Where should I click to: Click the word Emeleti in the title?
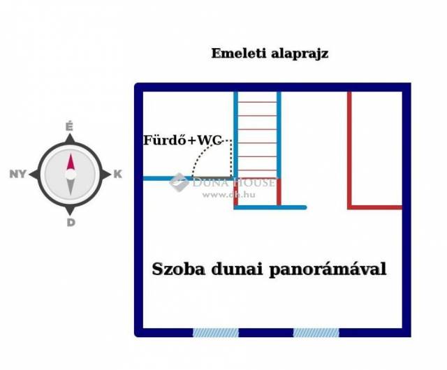click(x=235, y=53)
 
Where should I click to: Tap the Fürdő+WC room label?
click(x=182, y=140)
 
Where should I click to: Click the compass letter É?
click(x=69, y=126)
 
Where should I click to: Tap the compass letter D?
click(x=70, y=223)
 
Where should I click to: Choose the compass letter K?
click(x=117, y=175)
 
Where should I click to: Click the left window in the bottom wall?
click(x=215, y=332)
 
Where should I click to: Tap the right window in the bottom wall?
click(x=316, y=332)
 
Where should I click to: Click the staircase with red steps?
click(x=257, y=136)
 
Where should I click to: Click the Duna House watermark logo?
click(x=178, y=182)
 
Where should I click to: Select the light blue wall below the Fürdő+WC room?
click(x=168, y=179)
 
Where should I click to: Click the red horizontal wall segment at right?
click(x=376, y=207)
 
